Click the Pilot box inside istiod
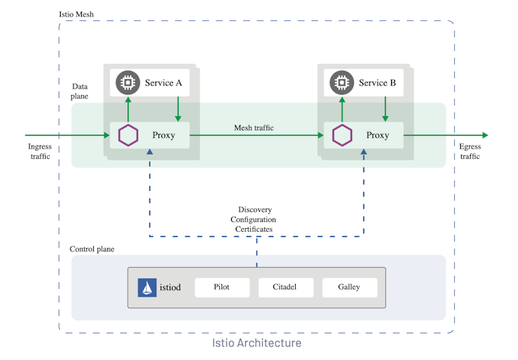[x=221, y=287]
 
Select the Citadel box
[x=285, y=287]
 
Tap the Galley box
[x=349, y=287]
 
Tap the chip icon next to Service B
[x=342, y=82]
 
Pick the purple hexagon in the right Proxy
[x=343, y=135]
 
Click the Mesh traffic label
[x=254, y=127]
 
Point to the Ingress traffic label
[x=40, y=151]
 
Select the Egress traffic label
[x=470, y=151]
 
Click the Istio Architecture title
[x=257, y=343]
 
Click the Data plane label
[x=80, y=91]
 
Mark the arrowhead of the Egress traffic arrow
[x=485, y=135]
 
